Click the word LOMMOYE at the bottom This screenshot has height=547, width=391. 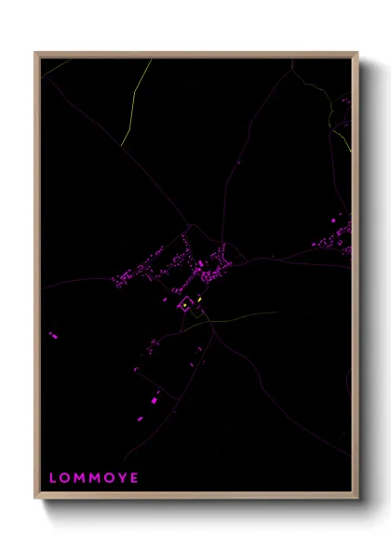[93, 478]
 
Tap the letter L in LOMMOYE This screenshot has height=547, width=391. [53, 478]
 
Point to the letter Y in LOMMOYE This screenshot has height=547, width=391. [120, 478]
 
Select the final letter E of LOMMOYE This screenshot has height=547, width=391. [134, 478]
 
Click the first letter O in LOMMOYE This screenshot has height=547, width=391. [65, 478]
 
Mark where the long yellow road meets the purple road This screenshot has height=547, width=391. [121, 142]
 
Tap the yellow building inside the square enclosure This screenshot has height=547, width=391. [185, 304]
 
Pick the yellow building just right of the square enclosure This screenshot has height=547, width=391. [199, 300]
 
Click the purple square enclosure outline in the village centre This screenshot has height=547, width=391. [179, 306]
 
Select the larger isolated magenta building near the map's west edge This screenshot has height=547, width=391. [53, 333]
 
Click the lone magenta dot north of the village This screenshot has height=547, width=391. [239, 164]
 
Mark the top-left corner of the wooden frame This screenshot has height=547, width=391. [36, 53]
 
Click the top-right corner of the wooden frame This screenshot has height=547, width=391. [357, 53]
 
